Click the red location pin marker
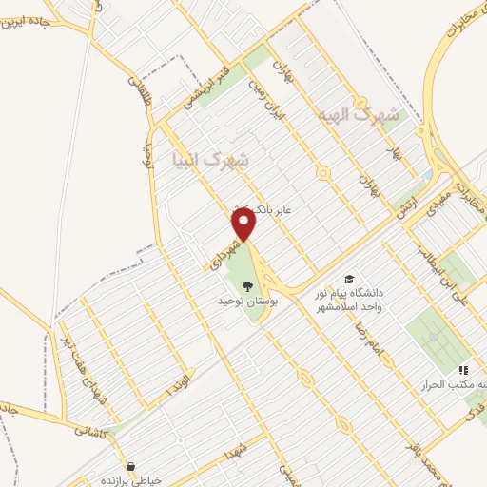tap(245, 224)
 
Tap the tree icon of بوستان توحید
tap(247, 285)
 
